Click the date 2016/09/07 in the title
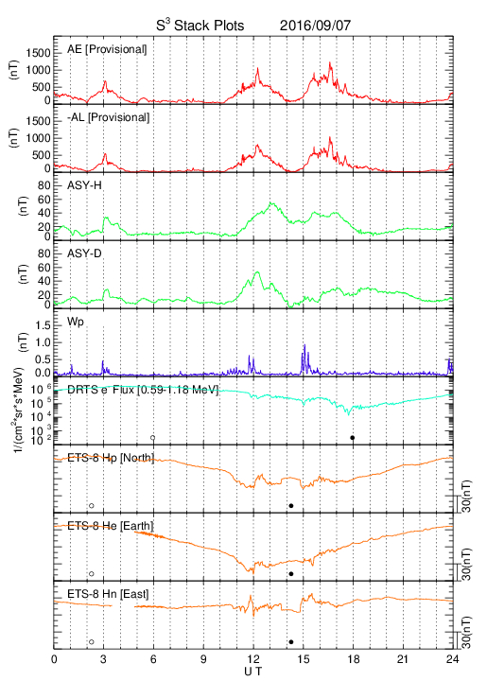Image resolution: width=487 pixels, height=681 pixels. click(315, 26)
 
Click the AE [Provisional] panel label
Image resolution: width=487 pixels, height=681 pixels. click(107, 49)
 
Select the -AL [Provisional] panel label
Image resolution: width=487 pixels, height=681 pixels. click(108, 117)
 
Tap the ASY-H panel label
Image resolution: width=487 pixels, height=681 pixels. click(84, 185)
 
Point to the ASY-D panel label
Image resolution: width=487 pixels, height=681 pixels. click(84, 253)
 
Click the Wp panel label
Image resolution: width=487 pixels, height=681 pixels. click(76, 323)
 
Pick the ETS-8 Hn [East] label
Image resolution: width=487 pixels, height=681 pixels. click(108, 594)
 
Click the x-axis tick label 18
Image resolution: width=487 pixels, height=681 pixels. click(354, 659)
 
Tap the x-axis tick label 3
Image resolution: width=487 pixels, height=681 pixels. click(103, 659)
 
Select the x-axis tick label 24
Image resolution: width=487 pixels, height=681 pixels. click(453, 659)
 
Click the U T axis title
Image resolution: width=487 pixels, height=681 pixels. click(253, 672)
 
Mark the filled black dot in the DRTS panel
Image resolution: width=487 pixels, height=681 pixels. click(353, 438)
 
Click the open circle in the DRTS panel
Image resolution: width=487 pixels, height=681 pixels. click(153, 438)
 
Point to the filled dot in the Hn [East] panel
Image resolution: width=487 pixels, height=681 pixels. click(291, 642)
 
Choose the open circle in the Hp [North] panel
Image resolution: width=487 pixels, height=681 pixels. click(91, 505)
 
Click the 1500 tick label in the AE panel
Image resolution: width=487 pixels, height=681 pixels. click(39, 53)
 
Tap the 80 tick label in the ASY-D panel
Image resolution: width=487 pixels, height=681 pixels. click(44, 253)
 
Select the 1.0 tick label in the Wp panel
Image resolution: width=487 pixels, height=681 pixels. click(43, 342)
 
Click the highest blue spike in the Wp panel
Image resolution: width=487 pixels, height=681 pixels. click(304, 345)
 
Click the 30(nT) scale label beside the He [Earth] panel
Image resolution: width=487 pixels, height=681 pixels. click(466, 565)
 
